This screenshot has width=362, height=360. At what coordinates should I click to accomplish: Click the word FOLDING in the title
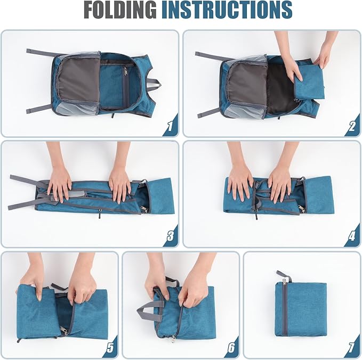point(120,10)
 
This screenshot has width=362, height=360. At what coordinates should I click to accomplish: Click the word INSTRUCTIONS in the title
point(227,10)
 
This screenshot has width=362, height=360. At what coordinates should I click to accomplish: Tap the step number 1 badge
point(171,126)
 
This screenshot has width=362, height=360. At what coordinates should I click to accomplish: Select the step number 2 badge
point(352,126)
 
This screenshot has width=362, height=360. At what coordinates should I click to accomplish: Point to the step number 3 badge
point(171,236)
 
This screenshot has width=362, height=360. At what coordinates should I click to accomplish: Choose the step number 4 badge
point(352,236)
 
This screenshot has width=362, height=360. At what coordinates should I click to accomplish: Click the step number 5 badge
point(110,347)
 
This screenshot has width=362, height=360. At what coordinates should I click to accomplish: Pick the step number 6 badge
point(231,347)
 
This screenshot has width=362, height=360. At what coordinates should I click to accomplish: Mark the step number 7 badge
point(352,347)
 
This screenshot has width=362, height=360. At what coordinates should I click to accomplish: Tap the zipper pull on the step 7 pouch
point(284,281)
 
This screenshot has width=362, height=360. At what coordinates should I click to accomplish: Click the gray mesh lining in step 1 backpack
point(78,83)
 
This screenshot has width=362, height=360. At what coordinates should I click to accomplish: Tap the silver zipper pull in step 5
point(64,331)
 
